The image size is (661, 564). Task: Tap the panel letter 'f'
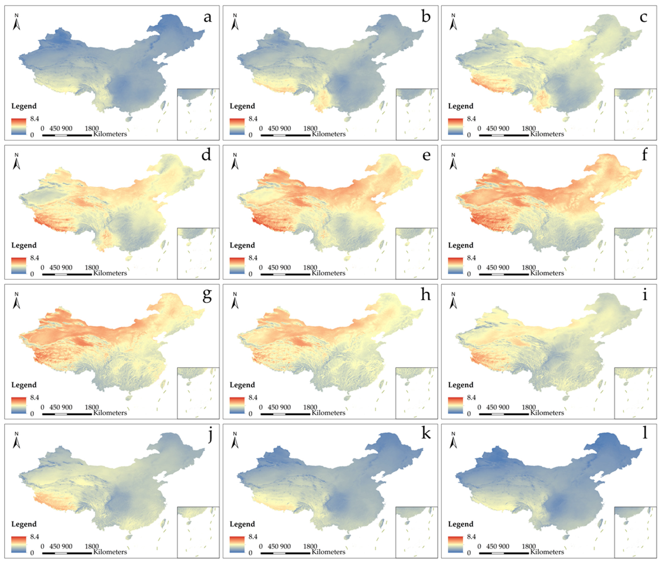pyautogui.click(x=644, y=155)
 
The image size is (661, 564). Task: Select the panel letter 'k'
pyautogui.click(x=426, y=434)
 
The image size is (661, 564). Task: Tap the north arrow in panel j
pyautogui.click(x=16, y=440)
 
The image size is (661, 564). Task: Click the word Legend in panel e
pyautogui.click(x=242, y=245)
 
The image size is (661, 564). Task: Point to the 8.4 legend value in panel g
pyautogui.click(x=35, y=398)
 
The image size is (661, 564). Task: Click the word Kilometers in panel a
pyautogui.click(x=110, y=134)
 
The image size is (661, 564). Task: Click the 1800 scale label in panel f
pyautogui.click(x=529, y=267)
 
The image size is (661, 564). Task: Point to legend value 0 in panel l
pyautogui.click(x=469, y=553)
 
